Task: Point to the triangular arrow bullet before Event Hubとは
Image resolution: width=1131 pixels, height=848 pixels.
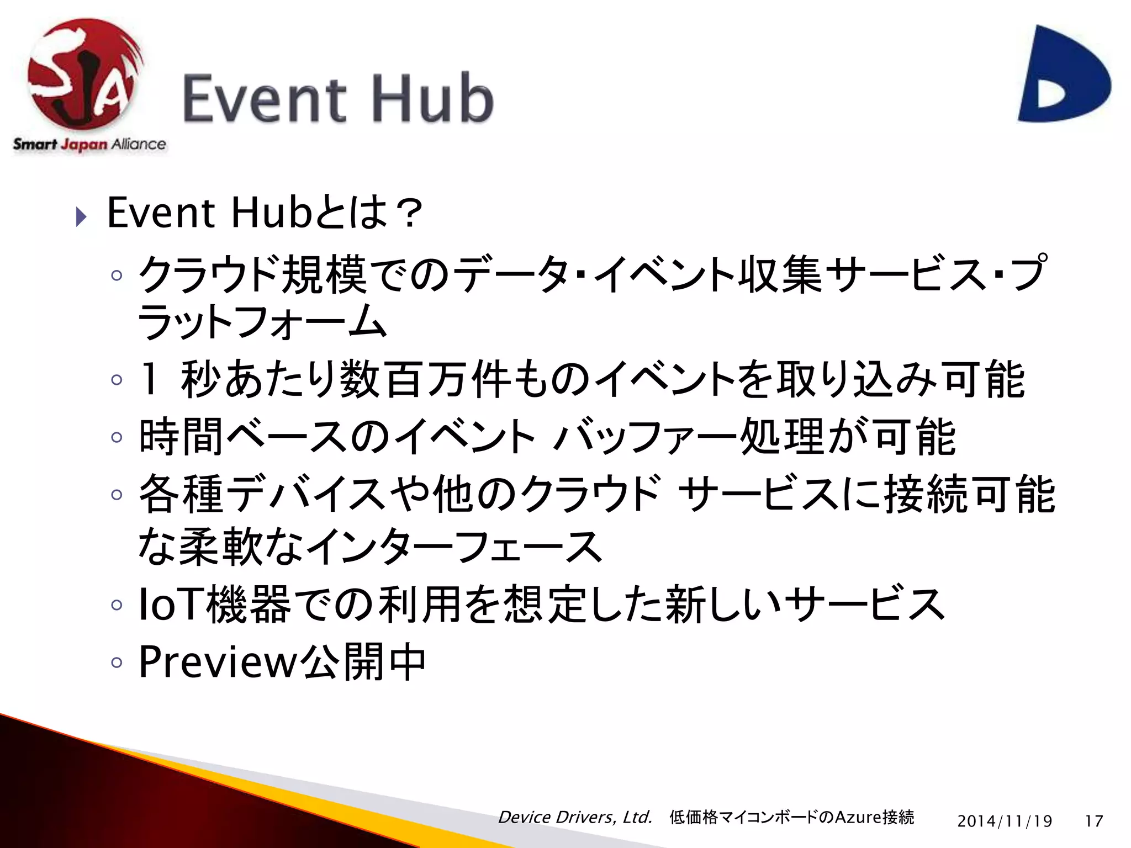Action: tap(81, 216)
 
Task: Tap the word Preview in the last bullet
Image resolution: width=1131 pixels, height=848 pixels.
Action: tap(218, 662)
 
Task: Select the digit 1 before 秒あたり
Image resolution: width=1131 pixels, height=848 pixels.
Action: tap(149, 379)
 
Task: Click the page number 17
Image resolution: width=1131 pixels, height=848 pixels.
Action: tap(1093, 821)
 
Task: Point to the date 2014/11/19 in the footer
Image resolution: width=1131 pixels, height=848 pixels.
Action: tap(1005, 821)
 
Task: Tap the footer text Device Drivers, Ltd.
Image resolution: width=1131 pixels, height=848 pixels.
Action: tap(575, 817)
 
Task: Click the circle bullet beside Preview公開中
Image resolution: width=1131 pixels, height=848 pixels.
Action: tap(116, 662)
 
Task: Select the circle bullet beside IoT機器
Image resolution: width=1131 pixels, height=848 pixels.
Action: tap(116, 605)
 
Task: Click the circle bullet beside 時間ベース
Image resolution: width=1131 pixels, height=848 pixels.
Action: tap(116, 437)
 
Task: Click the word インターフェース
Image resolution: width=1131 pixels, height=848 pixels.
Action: tap(453, 547)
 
